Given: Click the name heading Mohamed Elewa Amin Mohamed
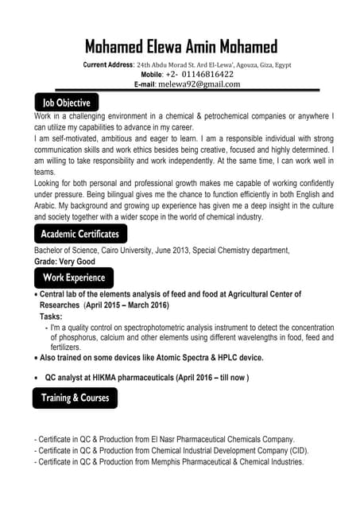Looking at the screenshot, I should pos(180,46).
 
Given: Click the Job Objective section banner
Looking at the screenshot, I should pos(66,103).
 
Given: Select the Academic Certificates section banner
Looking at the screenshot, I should pos(79,234).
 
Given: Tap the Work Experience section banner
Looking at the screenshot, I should pos(73,278).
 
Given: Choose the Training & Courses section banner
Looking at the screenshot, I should pos(75,398).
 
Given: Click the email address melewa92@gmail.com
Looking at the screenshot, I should pos(198,84).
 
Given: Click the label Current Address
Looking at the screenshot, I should pos(109,64).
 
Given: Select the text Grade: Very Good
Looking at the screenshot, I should pos(64,262).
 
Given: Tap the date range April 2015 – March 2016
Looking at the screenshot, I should pos(126,305).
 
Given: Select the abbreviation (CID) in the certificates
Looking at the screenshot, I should pos(298,450).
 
